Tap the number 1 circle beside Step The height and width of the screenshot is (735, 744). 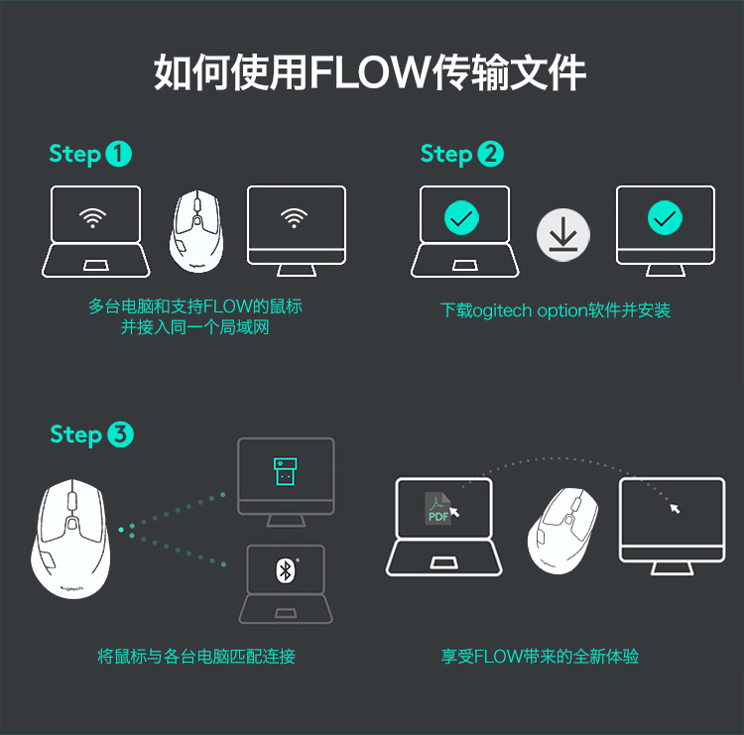tap(118, 154)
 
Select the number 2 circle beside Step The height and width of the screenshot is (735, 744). tap(490, 154)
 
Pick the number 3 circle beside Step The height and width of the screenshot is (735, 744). tap(120, 434)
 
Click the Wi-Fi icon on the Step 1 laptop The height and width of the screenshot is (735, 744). tap(94, 216)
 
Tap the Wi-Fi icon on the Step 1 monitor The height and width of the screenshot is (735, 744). tap(293, 216)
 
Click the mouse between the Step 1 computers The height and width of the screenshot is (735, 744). tap(196, 230)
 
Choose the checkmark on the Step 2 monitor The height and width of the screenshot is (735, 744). tap(664, 216)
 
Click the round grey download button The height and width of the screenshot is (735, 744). tap(563, 235)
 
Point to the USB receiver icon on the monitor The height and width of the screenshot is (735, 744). tap(286, 472)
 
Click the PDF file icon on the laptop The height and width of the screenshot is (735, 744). tap(438, 508)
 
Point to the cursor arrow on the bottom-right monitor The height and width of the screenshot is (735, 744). tap(676, 508)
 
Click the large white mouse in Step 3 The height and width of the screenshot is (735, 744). tap(71, 537)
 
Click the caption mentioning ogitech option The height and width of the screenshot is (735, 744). tap(556, 310)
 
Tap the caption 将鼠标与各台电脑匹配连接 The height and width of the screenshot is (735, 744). tap(196, 657)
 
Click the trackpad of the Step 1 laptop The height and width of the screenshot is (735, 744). tap(96, 265)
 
